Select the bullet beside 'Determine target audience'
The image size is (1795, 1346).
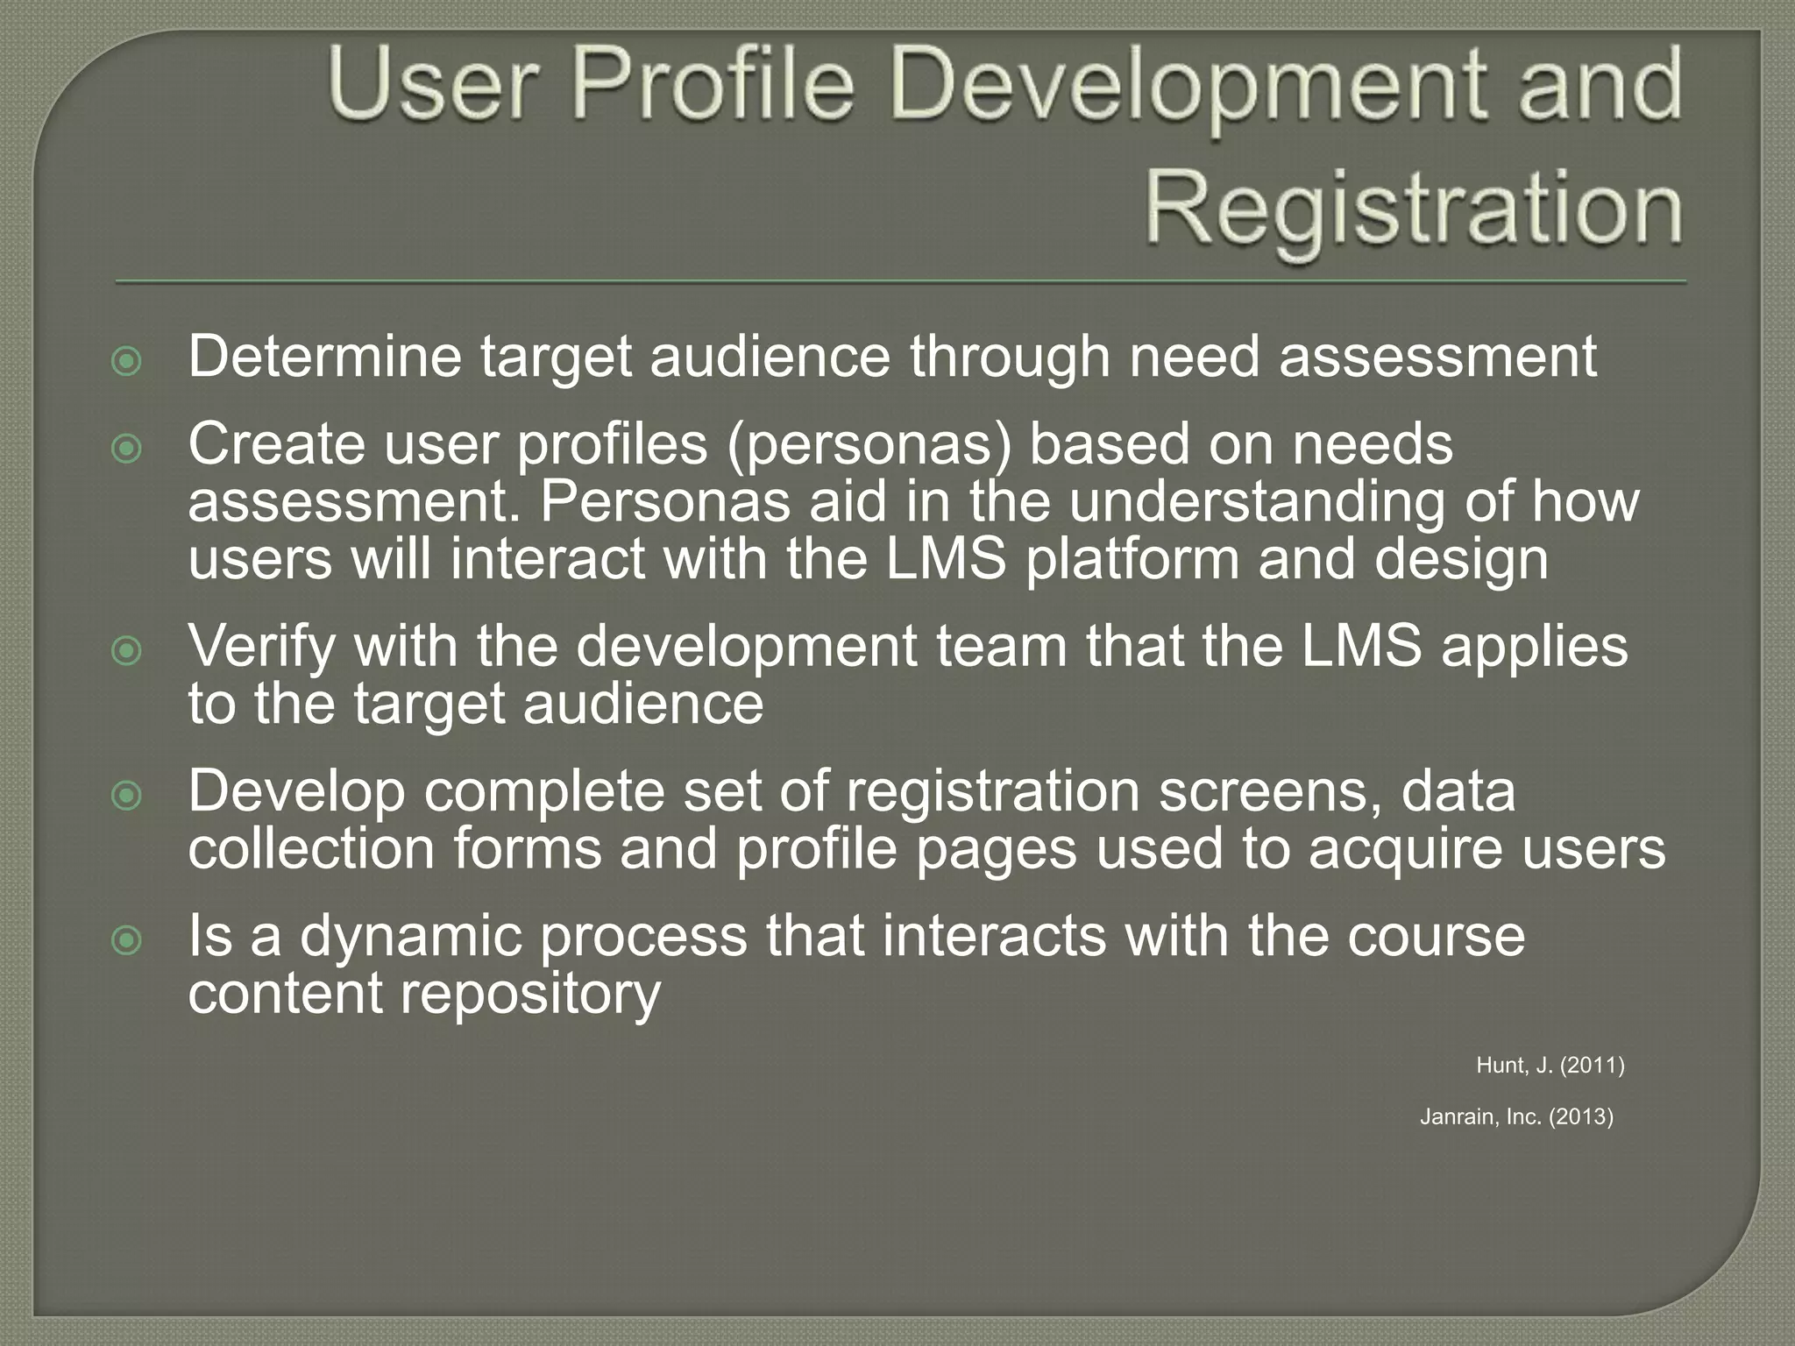(x=128, y=361)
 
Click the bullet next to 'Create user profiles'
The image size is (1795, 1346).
(x=128, y=449)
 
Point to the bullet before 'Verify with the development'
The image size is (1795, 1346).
(x=128, y=650)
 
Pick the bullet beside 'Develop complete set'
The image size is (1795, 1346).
(x=128, y=795)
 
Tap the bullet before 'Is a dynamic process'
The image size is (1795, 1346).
(x=128, y=940)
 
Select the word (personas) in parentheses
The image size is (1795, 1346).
(x=868, y=444)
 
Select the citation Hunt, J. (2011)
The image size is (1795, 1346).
(x=1550, y=1065)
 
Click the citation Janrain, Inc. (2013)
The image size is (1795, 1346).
(x=1516, y=1116)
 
